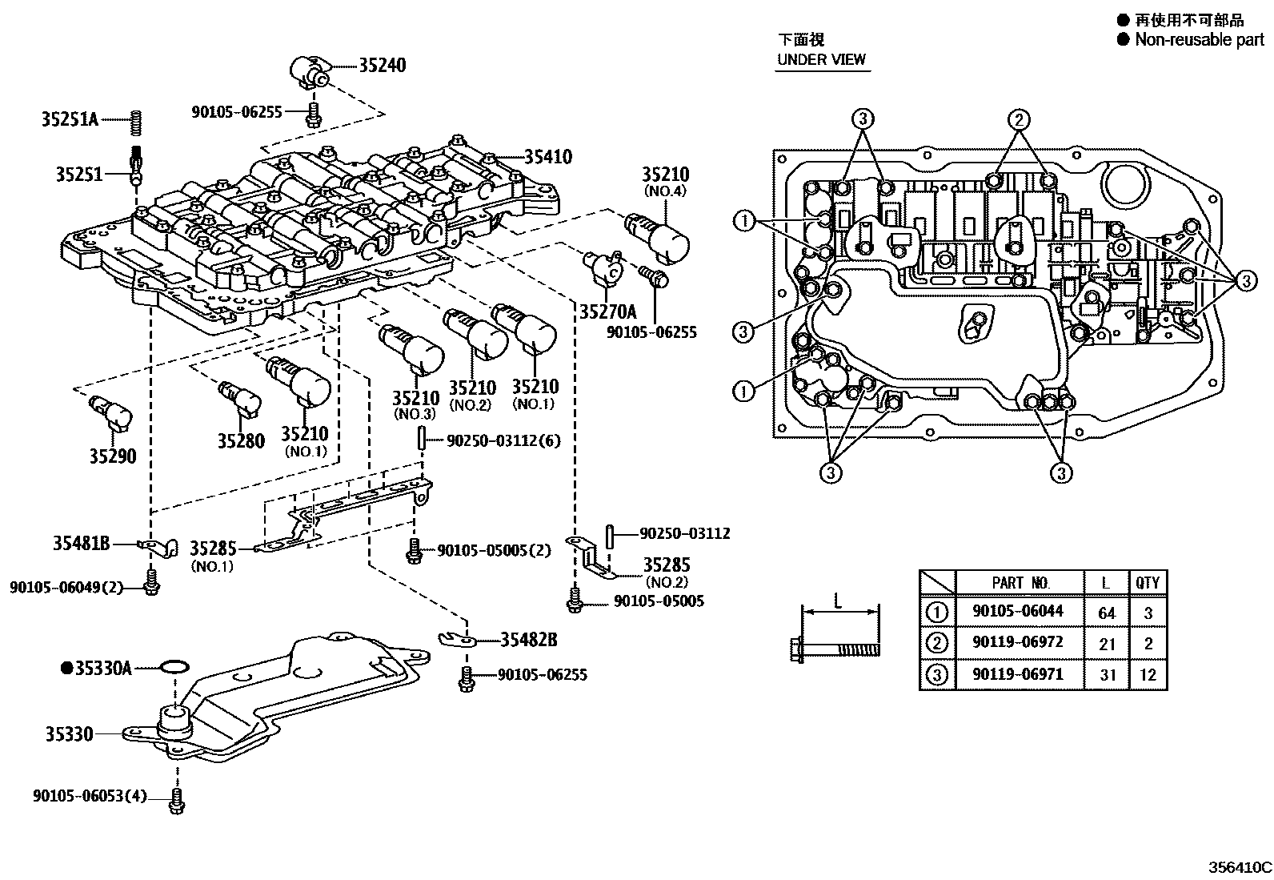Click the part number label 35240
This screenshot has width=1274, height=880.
point(382,66)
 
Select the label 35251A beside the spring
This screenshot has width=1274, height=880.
point(70,119)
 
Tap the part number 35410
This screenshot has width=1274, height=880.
point(548,157)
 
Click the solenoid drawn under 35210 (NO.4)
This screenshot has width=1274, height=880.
point(663,235)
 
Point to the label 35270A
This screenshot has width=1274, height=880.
point(607,311)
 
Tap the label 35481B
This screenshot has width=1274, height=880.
point(81,543)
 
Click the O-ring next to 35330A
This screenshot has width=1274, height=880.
point(174,666)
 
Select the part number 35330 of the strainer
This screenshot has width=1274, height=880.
point(69,733)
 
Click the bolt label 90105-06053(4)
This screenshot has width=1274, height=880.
point(90,797)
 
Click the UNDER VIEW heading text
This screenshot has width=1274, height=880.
point(821,58)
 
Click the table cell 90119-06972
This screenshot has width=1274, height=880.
point(1018,643)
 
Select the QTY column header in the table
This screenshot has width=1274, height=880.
point(1147,582)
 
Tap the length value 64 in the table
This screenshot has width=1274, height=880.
point(1106,613)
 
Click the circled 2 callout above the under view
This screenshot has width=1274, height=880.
point(1018,120)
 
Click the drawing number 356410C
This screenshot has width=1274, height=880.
point(1240,866)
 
